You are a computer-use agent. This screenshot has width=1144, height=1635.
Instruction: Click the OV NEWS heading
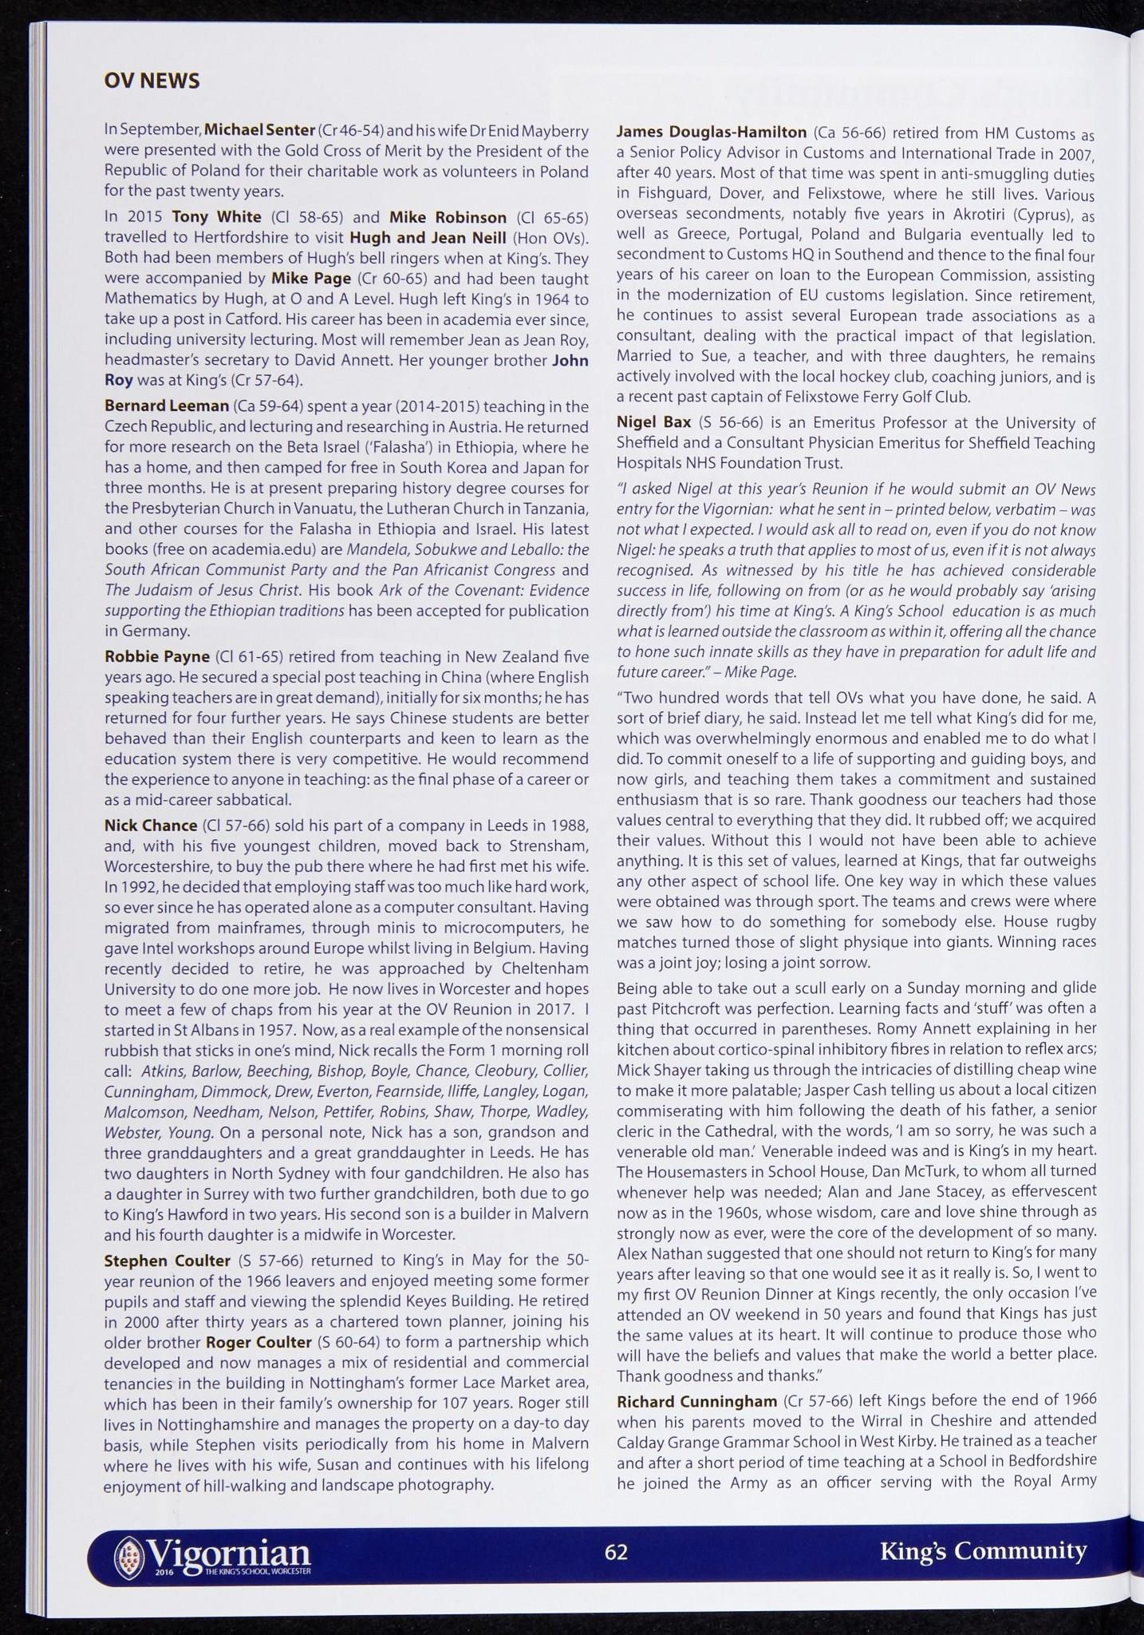(152, 81)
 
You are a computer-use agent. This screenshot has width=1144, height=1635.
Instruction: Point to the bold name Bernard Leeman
(156, 406)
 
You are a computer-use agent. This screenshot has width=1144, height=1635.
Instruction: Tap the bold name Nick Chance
(151, 825)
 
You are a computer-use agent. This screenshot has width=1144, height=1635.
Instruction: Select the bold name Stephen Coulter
(168, 1261)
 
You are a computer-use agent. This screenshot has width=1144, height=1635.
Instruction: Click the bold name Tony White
(216, 217)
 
